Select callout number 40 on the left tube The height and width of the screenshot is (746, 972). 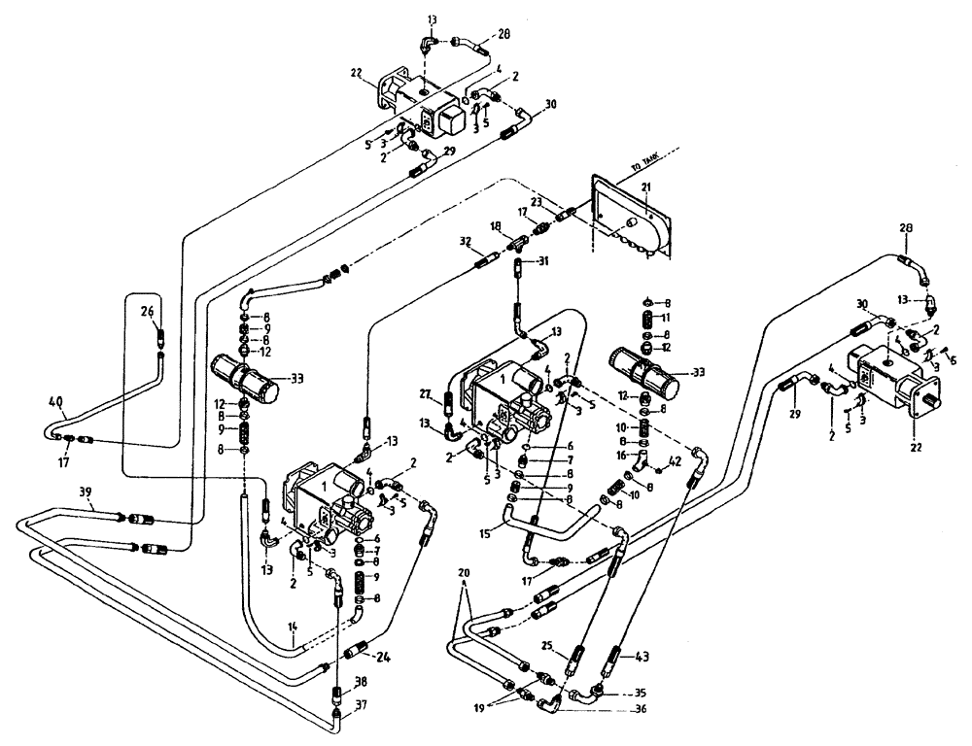point(55,401)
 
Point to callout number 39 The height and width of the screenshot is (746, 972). point(87,493)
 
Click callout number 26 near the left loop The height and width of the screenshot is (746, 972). point(147,311)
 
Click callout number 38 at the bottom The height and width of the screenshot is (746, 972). point(360,681)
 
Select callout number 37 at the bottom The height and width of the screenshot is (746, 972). point(360,705)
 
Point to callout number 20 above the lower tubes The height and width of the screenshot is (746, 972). point(463,573)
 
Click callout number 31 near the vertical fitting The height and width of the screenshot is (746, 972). point(543,259)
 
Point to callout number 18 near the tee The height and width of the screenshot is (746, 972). point(496,225)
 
